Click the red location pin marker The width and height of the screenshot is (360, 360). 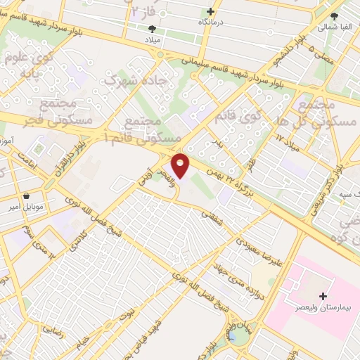181,166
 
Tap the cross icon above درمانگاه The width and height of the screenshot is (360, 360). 210,12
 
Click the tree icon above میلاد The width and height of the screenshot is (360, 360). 152,29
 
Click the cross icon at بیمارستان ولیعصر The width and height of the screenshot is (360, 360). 323,296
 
